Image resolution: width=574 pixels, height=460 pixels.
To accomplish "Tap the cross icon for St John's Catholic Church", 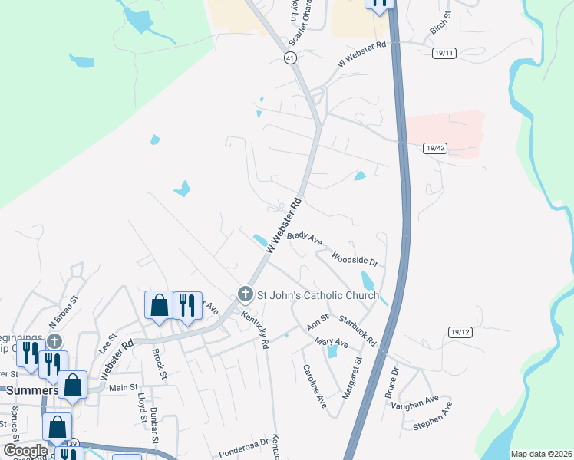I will click(x=245, y=294).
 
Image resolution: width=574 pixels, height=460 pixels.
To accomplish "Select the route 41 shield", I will click(x=289, y=58).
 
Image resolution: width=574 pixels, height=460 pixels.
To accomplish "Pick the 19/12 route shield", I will click(x=460, y=331).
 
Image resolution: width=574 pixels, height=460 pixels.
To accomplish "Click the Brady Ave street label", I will click(x=305, y=237).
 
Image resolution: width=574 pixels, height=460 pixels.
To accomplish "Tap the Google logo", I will click(x=25, y=450).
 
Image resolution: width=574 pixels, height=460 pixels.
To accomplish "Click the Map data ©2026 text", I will click(x=541, y=454).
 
